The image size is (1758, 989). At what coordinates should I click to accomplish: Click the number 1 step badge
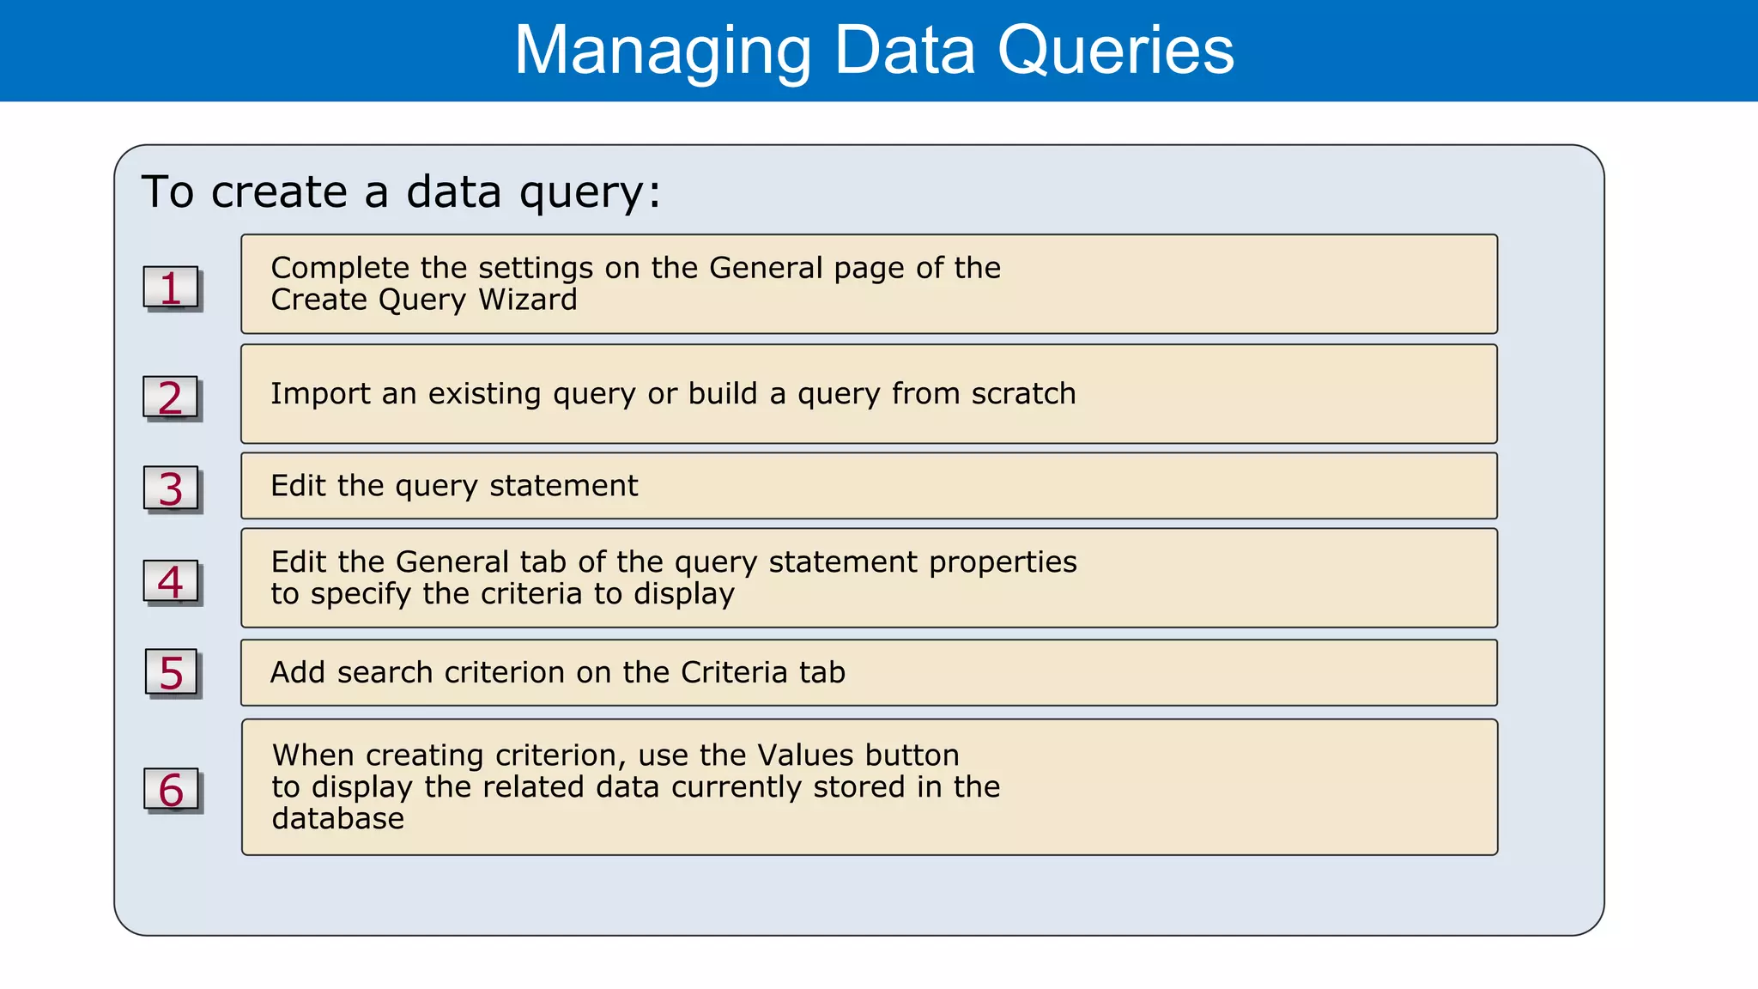pos(171,288)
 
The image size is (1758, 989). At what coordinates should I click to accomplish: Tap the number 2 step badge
pos(171,397)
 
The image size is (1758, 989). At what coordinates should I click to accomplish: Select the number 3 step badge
pos(171,488)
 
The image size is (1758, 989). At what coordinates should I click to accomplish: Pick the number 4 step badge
pos(171,582)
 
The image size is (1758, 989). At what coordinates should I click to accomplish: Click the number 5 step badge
pos(172,672)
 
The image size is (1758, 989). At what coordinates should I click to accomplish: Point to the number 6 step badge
pos(171,790)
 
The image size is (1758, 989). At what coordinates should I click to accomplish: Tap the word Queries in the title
pos(1115,52)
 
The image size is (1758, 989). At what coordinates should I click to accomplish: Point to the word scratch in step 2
pos(1023,393)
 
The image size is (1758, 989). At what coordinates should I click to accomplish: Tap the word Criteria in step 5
pos(734,672)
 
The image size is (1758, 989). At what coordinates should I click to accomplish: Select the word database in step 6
pos(338,819)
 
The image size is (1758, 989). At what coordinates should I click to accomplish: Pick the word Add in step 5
pos(298,672)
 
